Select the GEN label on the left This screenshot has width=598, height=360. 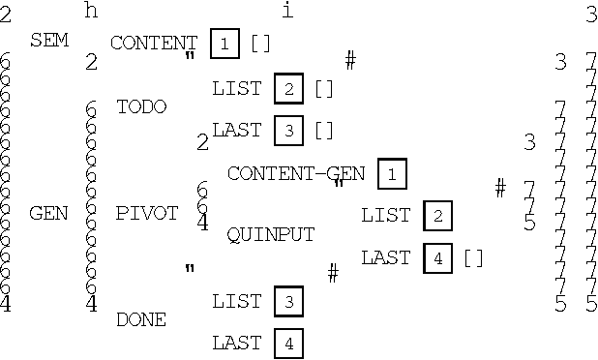49,213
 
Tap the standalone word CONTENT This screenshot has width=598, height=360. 154,43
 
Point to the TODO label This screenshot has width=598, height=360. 141,106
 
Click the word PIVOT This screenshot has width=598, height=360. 147,213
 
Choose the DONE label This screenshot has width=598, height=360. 141,319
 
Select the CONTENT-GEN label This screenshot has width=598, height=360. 296,173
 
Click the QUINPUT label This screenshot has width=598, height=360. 270,234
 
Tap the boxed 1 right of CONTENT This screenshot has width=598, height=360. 224,44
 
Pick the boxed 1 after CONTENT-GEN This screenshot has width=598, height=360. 392,173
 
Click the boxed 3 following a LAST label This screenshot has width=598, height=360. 288,130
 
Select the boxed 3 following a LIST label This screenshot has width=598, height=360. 288,302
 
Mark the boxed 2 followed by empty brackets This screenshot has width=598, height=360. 288,88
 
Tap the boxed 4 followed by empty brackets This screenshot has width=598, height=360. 437,258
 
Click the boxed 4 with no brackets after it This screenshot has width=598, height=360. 288,343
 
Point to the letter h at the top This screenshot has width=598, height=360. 92,11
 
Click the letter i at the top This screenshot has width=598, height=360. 286,11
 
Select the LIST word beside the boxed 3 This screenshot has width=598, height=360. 237,302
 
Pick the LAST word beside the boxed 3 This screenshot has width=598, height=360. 237,130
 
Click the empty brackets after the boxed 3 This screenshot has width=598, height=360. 323,130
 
